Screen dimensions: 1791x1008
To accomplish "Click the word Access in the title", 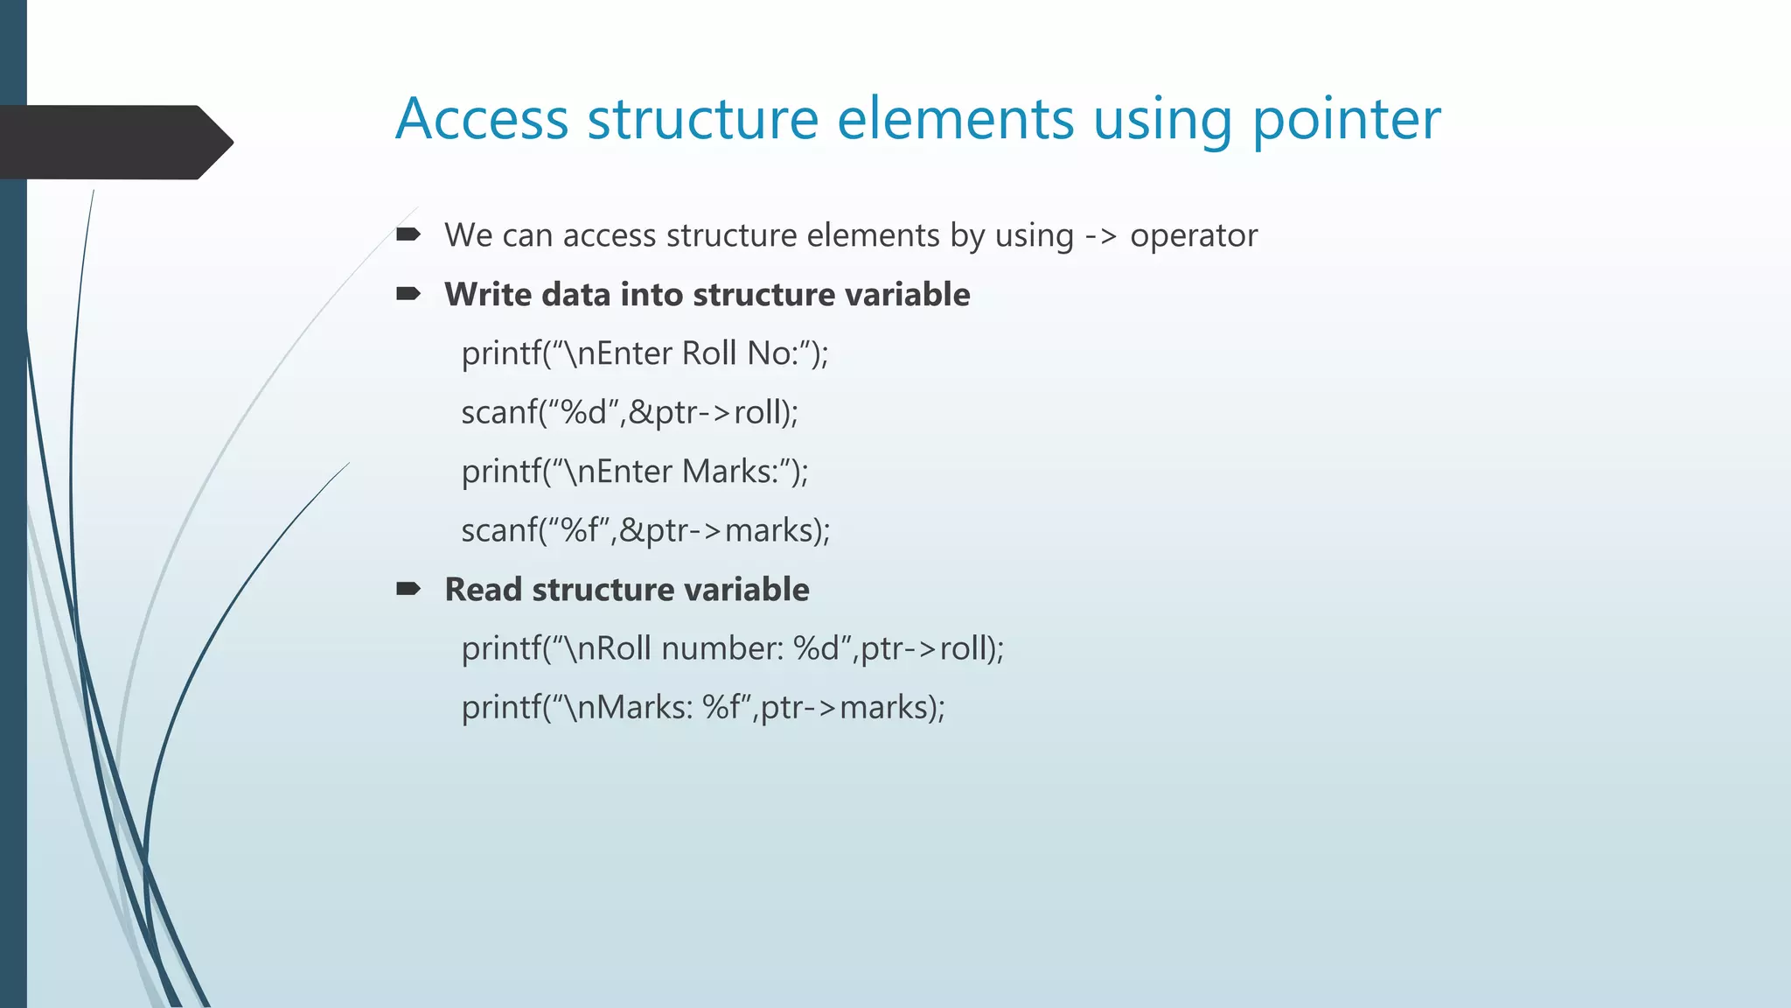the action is point(482,119).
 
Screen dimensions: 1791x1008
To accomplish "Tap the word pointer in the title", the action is point(1346,121).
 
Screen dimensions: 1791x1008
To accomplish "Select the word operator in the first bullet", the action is point(1194,236).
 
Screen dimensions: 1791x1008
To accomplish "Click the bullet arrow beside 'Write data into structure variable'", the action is point(408,294).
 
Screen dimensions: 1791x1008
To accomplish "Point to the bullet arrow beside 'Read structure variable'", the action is point(408,589).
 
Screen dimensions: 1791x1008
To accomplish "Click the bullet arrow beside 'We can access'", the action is point(408,234).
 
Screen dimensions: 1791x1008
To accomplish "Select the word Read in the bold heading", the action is point(483,590).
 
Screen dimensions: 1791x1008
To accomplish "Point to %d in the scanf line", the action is point(583,412).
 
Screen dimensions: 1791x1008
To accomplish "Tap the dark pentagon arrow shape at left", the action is point(114,142).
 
